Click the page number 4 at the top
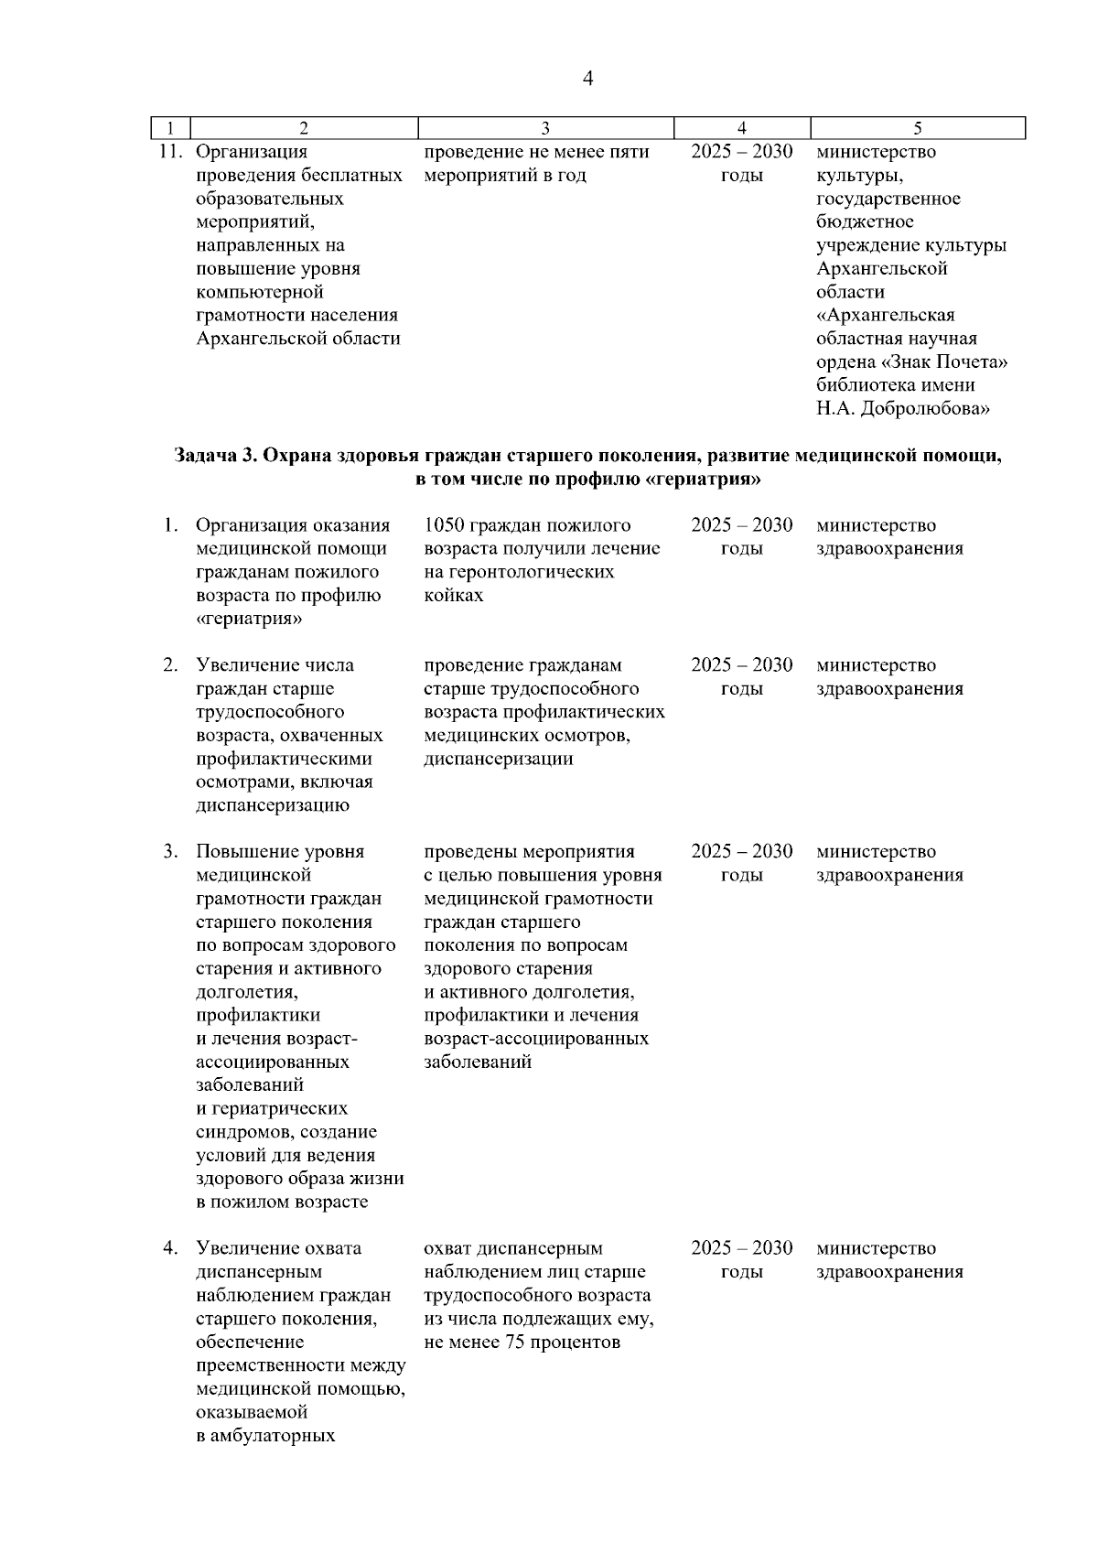587,80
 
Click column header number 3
545,129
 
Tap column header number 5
917,129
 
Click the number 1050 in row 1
445,525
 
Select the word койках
454,596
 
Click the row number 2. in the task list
171,665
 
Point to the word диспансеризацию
273,806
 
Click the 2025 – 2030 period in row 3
741,852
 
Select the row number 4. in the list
171,1249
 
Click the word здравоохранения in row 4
889,1272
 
